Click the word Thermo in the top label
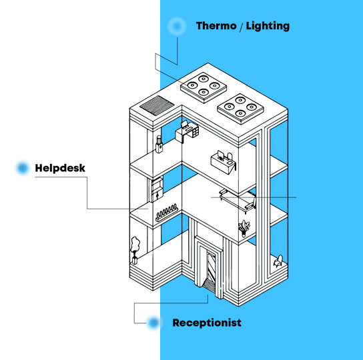pos(216,26)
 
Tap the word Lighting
pos(268,26)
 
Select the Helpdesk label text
pos(60,168)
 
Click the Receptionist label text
pos(207,323)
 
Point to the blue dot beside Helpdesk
pos(23,168)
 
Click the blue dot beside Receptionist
pos(153,323)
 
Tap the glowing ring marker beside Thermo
pos(177,26)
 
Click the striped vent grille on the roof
pos(157,105)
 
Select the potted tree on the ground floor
pos(135,250)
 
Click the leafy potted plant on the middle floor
pos(244,228)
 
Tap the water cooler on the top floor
pos(159,144)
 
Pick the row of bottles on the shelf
pos(167,212)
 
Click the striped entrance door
pos(211,267)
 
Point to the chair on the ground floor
pos(278,261)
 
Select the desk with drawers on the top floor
pos(187,131)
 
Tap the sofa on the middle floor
pos(238,200)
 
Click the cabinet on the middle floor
pos(157,189)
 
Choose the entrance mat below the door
pos(209,285)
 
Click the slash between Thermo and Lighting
pos(241,27)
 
